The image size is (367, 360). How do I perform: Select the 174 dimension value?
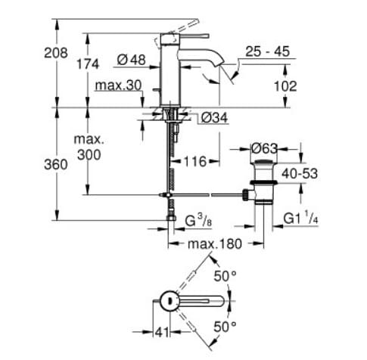point(88,64)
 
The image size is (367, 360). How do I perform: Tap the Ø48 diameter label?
point(132,58)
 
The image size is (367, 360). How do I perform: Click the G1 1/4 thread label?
point(301,220)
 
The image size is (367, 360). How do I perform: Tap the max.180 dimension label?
point(215,244)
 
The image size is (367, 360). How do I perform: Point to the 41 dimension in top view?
point(159,331)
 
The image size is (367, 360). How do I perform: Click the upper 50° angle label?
point(225,276)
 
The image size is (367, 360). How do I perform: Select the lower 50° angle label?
point(225,326)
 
